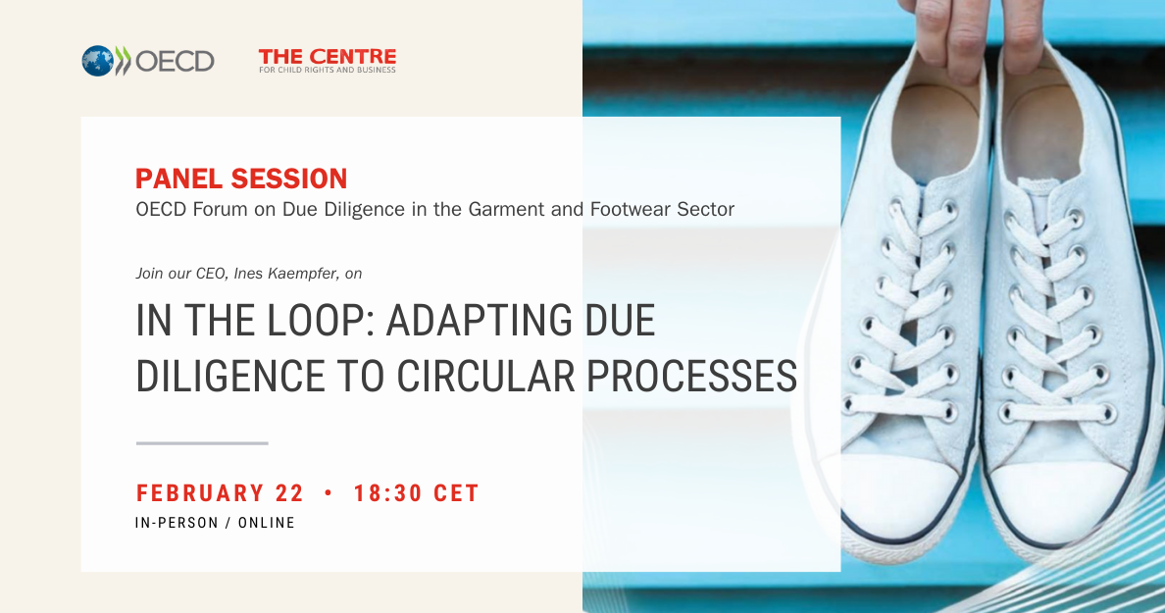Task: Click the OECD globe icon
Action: tap(97, 61)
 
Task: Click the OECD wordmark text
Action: tap(175, 62)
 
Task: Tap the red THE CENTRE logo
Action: tap(327, 60)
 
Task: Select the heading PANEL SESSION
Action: tap(241, 179)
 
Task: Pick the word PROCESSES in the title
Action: tap(691, 376)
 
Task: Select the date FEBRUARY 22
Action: tap(220, 493)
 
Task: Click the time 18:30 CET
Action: tap(416, 493)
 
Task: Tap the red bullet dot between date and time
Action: tap(329, 492)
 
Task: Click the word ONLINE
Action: tap(267, 523)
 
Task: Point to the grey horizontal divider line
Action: tap(202, 443)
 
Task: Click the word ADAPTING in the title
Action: tap(480, 321)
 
